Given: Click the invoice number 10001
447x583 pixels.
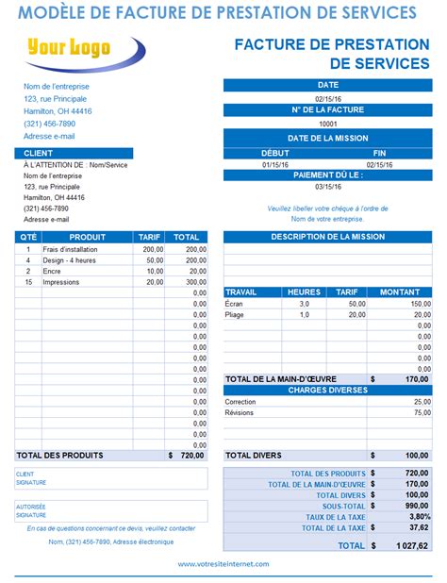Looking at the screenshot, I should [327, 124].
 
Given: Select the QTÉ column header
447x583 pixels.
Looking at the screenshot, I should [27, 237].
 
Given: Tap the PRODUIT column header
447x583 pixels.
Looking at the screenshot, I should [88, 237].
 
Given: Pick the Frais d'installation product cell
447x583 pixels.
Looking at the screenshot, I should [65, 249].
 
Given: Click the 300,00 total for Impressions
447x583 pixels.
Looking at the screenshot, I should [195, 281].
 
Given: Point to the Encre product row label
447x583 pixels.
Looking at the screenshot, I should [52, 271].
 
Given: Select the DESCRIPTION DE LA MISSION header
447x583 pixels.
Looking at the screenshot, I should [326, 237].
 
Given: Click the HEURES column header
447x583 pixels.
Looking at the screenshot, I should [304, 292].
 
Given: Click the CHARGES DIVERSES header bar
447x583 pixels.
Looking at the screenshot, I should [326, 390].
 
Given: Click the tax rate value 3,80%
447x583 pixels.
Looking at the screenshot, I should [417, 517].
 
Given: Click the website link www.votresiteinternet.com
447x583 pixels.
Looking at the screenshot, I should [223, 564].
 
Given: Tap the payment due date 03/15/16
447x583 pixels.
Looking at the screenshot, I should [327, 186].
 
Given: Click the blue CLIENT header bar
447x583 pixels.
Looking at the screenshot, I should [74, 153].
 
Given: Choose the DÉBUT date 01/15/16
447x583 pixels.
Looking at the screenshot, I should [274, 164].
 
